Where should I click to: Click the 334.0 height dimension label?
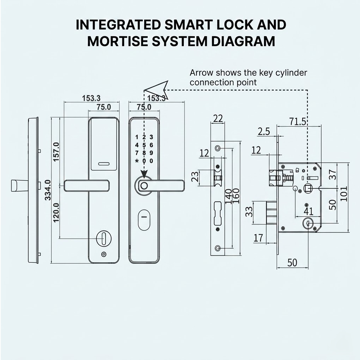(48, 190)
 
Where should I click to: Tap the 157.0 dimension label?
(56, 152)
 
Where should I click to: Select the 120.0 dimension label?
(56, 213)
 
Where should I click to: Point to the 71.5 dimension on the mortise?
(297, 121)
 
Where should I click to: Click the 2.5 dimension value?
(264, 131)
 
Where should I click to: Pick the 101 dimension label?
(343, 194)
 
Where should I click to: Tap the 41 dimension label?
(308, 211)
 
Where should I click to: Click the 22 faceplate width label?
(218, 119)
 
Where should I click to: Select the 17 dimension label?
(258, 238)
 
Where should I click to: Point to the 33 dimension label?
(249, 212)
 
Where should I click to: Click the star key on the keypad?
(137, 161)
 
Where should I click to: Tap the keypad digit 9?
(151, 153)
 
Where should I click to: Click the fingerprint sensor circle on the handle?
(144, 186)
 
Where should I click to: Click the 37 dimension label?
(333, 174)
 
